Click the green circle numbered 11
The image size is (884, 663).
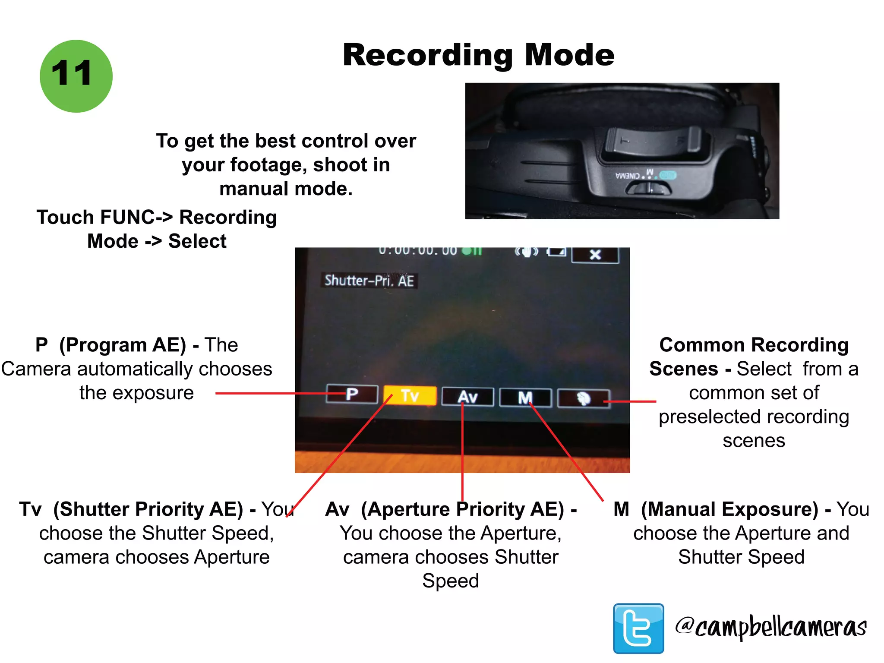(x=76, y=76)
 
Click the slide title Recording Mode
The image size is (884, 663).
(x=478, y=55)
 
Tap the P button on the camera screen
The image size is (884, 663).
(x=352, y=394)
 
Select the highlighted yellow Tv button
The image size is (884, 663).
(x=410, y=395)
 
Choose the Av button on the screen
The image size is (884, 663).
(x=467, y=397)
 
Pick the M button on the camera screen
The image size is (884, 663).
(x=525, y=398)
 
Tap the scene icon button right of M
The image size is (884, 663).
(x=584, y=398)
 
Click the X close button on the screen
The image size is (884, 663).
(x=595, y=255)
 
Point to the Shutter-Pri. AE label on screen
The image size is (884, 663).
(x=369, y=281)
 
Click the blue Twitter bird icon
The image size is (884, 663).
(x=638, y=628)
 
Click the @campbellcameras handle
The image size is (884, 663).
(x=771, y=627)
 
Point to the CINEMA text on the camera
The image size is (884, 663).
(x=628, y=176)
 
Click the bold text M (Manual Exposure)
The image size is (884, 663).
(x=716, y=509)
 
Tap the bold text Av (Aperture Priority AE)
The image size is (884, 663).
(x=445, y=509)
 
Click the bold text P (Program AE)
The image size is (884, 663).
(x=110, y=345)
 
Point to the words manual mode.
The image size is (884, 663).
(x=286, y=189)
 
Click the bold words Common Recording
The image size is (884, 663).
(x=754, y=345)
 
